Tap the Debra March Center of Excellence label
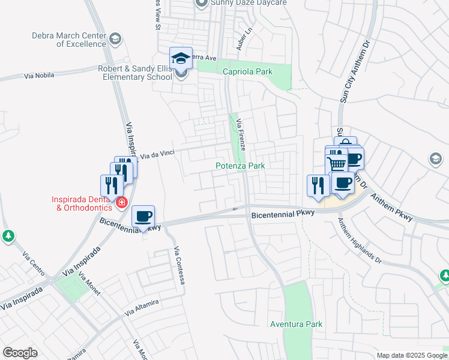[69, 40]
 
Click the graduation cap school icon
[181, 59]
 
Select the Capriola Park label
[247, 71]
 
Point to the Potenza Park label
[240, 165]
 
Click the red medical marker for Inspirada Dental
[122, 203]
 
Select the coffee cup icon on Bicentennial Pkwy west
[143, 216]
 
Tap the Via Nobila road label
[39, 76]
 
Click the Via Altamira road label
[142, 307]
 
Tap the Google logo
[20, 353]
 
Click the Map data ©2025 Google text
[411, 355]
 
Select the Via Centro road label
[34, 264]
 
